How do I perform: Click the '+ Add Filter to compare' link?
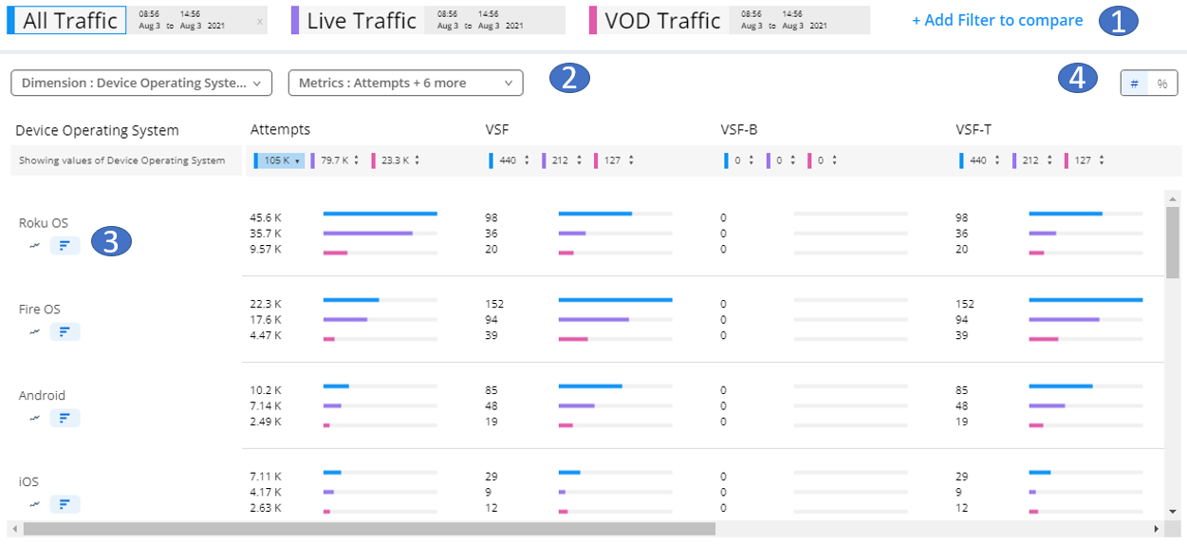[x=996, y=20]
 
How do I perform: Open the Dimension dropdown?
[x=141, y=83]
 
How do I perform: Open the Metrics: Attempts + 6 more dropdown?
[x=405, y=83]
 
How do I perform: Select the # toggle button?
[x=1134, y=84]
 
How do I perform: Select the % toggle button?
[x=1162, y=84]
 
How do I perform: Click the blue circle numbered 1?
[x=1119, y=21]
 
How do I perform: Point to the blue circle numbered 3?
[x=111, y=242]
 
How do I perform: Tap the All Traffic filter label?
[x=70, y=21]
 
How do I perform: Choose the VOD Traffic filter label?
[x=662, y=21]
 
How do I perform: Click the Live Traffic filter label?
[x=362, y=21]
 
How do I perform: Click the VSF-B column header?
[x=739, y=130]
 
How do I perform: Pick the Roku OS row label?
[x=44, y=223]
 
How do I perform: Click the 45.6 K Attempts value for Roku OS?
[x=266, y=217]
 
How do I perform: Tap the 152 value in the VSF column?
[x=494, y=304]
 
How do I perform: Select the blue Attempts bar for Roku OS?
[x=380, y=214]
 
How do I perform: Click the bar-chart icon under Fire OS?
[x=65, y=331]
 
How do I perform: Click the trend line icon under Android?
[x=35, y=418]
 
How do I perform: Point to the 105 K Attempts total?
[x=278, y=160]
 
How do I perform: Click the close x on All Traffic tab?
[x=260, y=20]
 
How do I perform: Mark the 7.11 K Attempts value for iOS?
[x=266, y=475]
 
